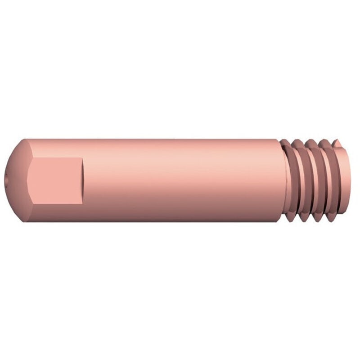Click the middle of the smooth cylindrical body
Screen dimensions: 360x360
180,180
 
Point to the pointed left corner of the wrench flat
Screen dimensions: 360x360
28,180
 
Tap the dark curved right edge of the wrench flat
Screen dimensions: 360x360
83,180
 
